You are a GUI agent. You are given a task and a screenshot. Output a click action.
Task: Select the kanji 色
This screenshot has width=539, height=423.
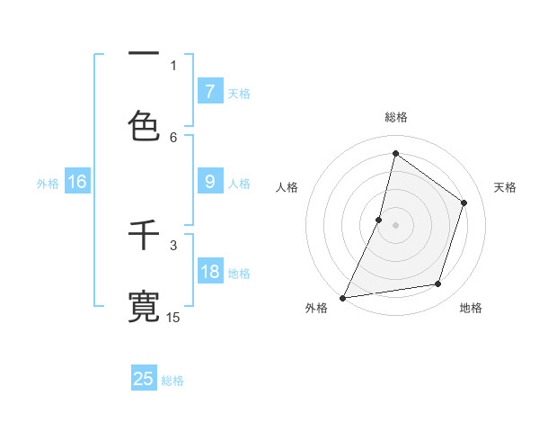click(144, 124)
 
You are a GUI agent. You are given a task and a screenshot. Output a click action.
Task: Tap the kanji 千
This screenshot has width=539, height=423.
click(144, 236)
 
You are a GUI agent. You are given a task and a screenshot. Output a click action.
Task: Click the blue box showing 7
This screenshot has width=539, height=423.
click(209, 91)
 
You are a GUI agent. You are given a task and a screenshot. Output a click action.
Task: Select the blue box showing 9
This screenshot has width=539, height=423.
click(209, 182)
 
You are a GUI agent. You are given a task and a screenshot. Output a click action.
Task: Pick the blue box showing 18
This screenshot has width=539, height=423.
click(209, 272)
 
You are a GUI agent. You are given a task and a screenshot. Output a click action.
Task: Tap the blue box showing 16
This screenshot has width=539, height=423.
click(77, 182)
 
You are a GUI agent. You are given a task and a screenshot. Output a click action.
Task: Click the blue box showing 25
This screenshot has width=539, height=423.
click(144, 379)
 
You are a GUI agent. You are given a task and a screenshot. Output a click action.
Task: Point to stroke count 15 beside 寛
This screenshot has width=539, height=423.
click(173, 317)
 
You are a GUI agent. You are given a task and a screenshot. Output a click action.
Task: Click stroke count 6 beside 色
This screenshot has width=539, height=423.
click(173, 137)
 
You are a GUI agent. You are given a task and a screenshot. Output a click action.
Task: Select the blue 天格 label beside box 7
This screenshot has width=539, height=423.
click(238, 93)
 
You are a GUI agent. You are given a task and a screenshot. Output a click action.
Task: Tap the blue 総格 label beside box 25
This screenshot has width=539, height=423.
click(172, 381)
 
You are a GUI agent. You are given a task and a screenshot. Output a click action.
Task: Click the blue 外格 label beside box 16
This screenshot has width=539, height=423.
click(48, 184)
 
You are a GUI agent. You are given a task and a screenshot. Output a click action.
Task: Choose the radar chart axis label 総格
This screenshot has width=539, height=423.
click(396, 117)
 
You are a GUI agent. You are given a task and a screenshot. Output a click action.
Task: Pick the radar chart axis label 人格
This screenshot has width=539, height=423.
click(287, 187)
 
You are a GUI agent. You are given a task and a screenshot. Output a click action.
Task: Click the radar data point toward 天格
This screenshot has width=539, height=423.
click(464, 202)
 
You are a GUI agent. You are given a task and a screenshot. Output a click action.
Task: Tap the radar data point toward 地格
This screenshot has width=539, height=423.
click(438, 284)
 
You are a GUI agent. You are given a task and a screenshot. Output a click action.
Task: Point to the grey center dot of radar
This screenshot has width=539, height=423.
click(395, 225)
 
